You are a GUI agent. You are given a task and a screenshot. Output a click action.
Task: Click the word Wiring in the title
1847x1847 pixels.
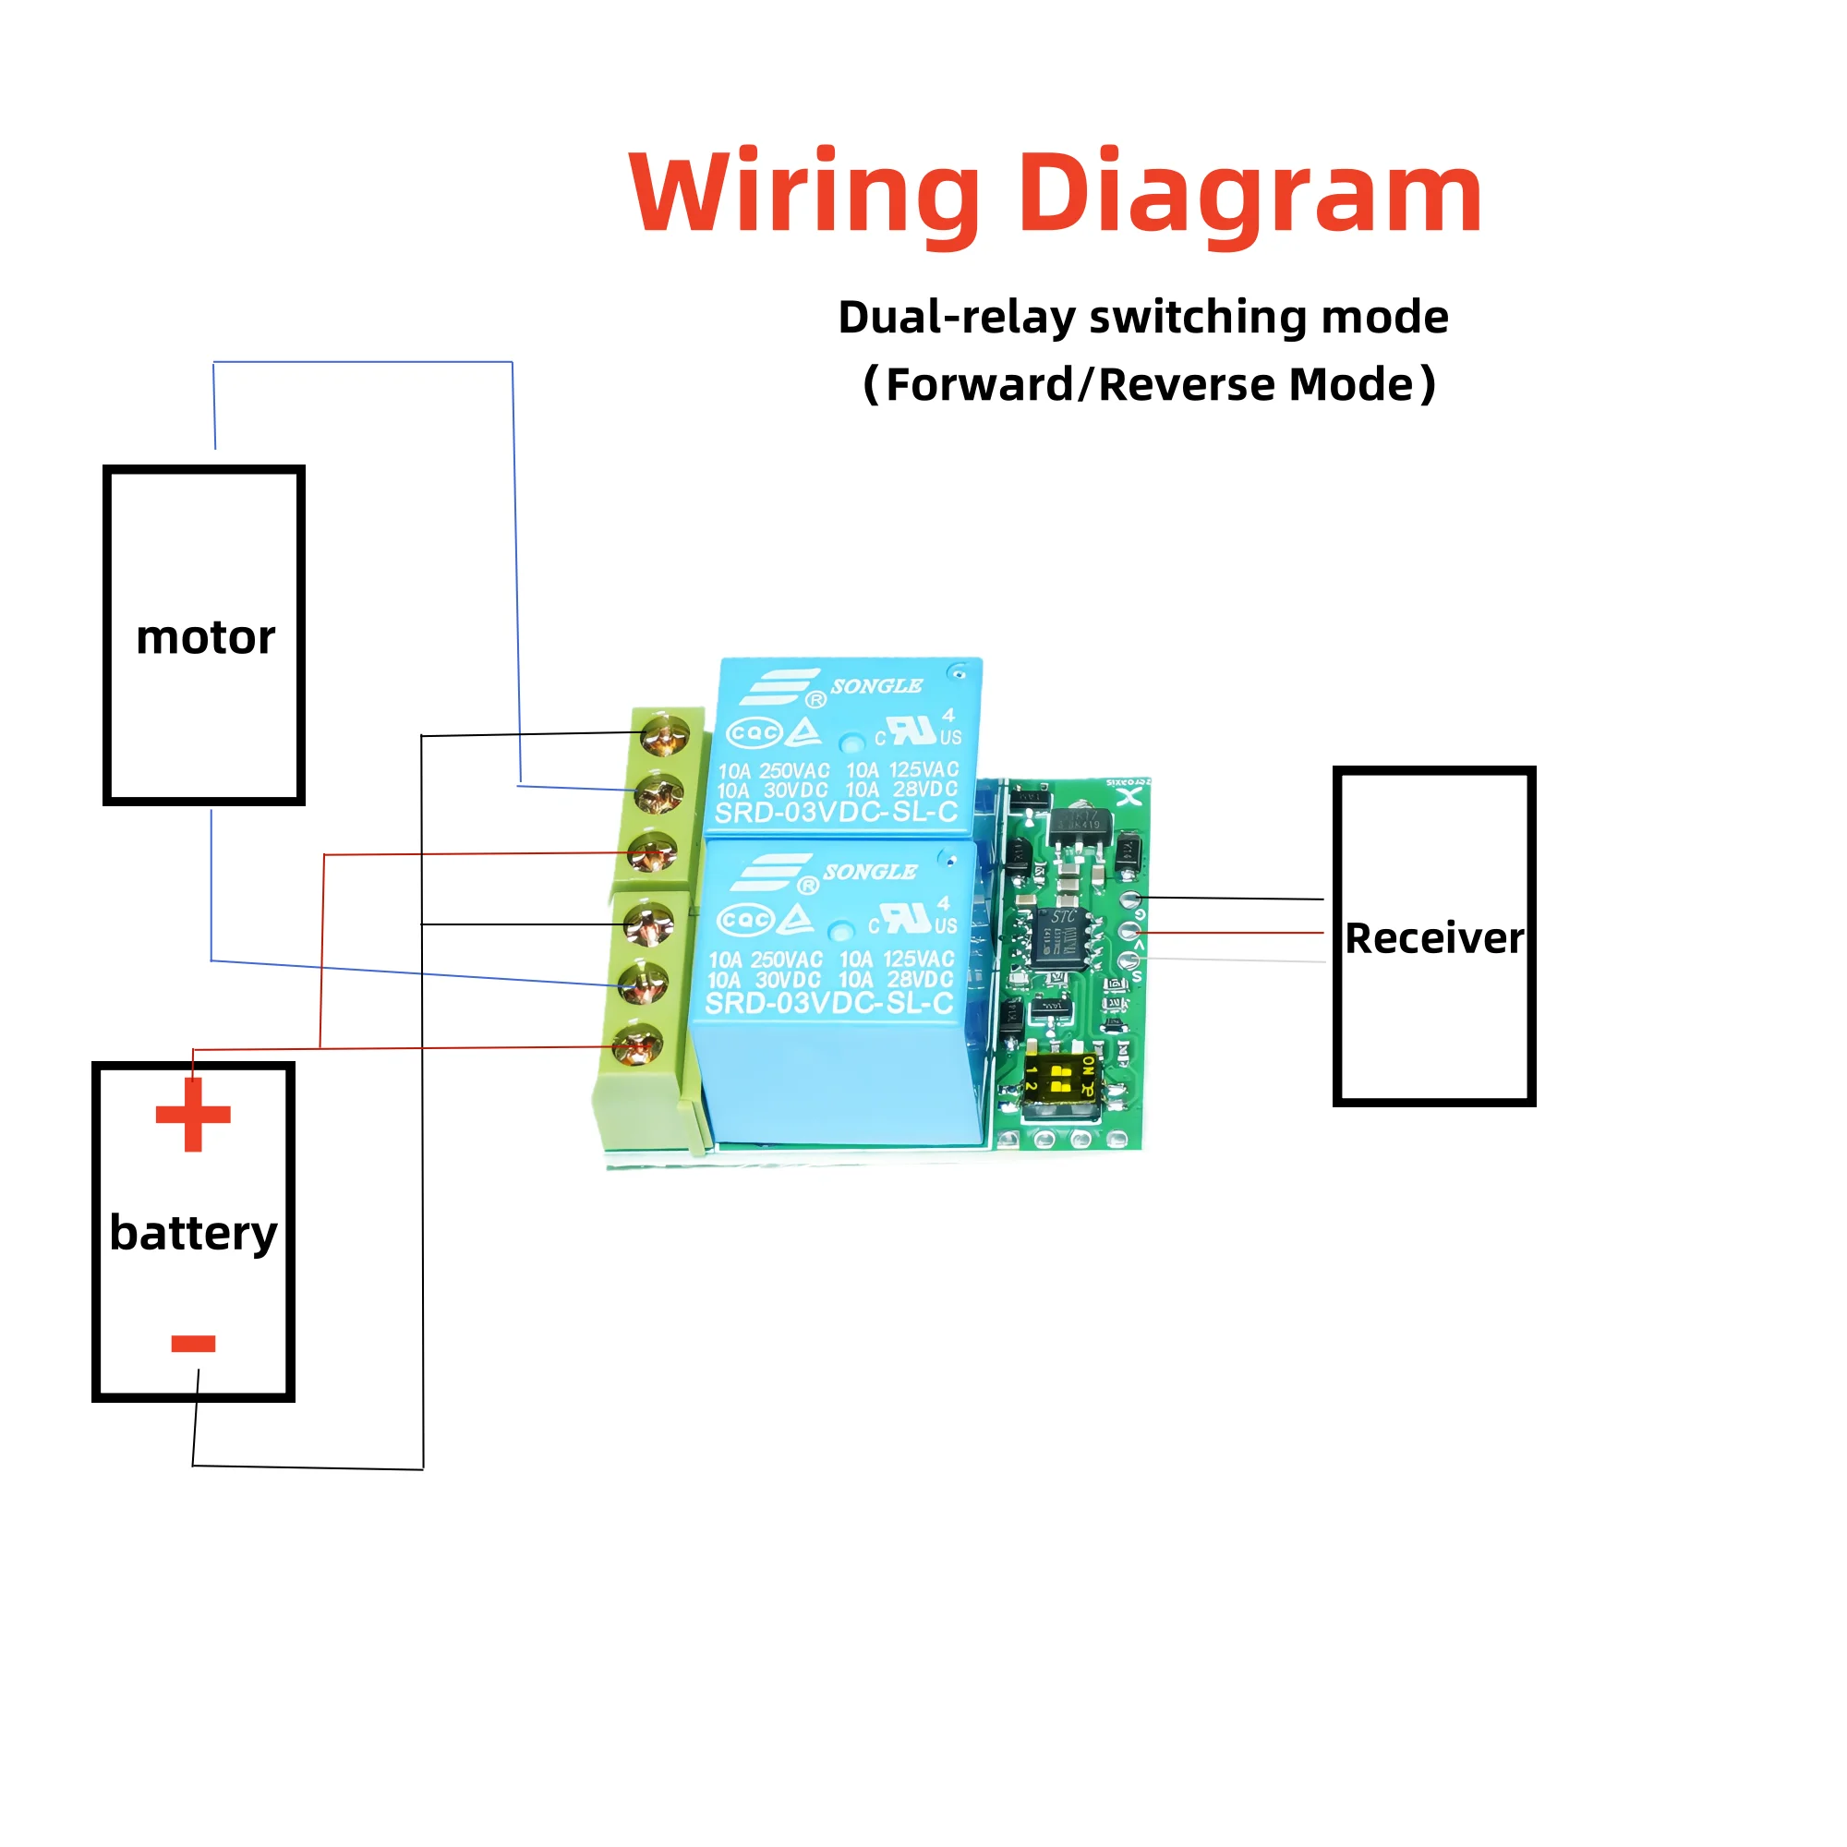pos(804,194)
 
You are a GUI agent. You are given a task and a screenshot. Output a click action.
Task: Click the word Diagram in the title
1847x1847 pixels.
pos(1249,194)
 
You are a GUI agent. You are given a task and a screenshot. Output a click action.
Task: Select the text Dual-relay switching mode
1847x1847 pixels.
pos(1142,318)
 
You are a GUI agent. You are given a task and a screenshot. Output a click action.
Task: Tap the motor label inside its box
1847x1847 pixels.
pos(205,637)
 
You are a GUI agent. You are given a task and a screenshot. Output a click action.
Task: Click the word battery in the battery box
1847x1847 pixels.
pos(193,1232)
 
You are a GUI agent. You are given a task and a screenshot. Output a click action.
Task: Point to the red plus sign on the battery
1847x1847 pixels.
pos(193,1115)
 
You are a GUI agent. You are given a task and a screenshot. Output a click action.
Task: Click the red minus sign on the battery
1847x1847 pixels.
pos(193,1344)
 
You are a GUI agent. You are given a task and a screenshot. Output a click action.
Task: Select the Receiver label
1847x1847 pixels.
pos(1434,938)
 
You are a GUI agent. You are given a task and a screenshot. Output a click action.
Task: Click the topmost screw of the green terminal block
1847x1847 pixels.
pos(664,735)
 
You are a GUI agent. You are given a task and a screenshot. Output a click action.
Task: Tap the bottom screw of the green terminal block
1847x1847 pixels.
pos(637,1044)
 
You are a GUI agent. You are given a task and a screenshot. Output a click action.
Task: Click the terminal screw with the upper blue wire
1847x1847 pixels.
pos(658,792)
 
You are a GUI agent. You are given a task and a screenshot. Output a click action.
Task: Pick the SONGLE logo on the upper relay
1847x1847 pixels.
pos(875,686)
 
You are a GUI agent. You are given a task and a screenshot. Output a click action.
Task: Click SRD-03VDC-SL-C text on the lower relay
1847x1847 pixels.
pos(829,1003)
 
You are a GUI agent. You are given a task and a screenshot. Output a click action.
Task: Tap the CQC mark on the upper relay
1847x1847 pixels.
pos(754,733)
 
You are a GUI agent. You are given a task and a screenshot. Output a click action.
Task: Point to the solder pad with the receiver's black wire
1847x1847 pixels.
pos(1132,899)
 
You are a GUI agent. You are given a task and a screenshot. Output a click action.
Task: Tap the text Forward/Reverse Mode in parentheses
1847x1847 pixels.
pos(1148,385)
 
